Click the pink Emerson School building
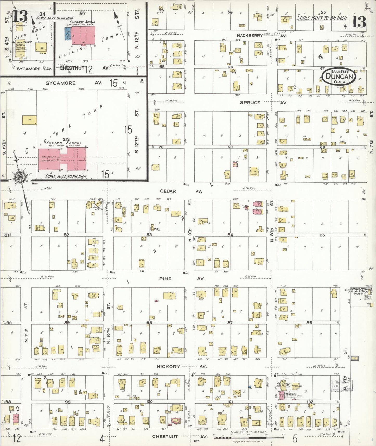pos(83,36)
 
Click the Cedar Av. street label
pos(168,191)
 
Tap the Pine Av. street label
pos(165,279)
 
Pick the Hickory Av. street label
pos(168,366)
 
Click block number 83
pos(149,235)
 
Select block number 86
pos(309,323)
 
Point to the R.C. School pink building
pos(281,396)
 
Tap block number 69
pos(230,147)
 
